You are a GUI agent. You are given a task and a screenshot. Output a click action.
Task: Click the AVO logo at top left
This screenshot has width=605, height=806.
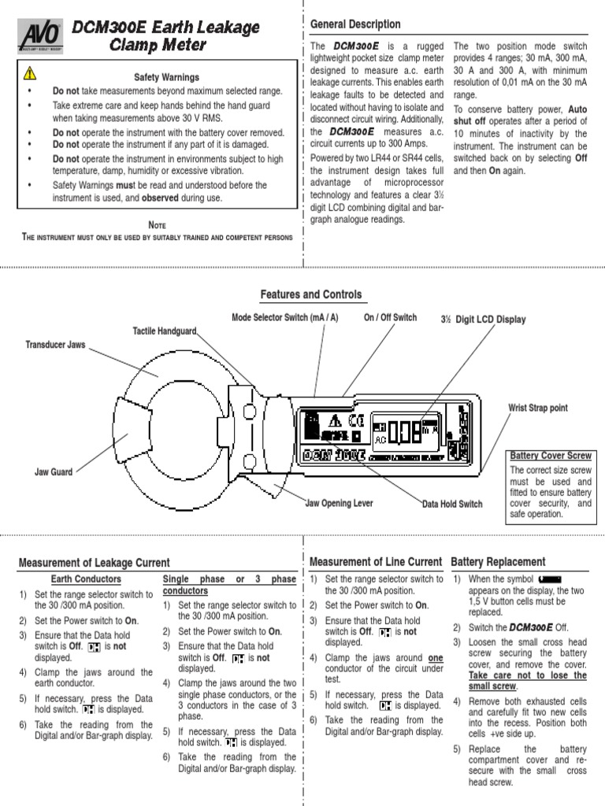click(40, 36)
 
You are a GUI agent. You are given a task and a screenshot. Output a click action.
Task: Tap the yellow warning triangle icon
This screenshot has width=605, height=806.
click(29, 73)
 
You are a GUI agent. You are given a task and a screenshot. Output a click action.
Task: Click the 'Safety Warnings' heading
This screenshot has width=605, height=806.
click(166, 77)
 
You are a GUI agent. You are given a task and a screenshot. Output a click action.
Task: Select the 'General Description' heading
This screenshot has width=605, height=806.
click(355, 25)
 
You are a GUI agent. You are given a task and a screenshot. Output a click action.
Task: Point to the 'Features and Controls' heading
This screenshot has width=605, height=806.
click(311, 294)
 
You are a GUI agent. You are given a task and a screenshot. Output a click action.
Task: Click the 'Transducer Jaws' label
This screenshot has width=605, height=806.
click(55, 345)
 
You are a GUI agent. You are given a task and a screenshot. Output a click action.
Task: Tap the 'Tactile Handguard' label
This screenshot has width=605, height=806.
click(164, 331)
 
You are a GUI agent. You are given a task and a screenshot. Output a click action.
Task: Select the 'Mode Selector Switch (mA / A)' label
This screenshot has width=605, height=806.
click(285, 317)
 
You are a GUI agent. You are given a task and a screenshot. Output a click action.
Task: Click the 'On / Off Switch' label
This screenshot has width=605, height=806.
click(390, 317)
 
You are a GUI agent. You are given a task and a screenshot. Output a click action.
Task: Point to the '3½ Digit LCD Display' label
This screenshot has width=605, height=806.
click(483, 320)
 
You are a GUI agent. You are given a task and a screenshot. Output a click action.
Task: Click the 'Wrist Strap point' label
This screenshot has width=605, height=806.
click(538, 408)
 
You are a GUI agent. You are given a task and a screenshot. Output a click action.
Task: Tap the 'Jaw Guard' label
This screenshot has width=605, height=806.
click(54, 472)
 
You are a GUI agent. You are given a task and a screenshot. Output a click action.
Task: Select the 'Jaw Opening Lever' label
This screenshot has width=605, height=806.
click(340, 503)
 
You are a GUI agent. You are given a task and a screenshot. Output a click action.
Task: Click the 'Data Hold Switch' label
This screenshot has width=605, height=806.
click(452, 504)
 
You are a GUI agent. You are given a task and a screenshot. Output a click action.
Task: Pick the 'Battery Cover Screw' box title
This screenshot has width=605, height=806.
click(550, 456)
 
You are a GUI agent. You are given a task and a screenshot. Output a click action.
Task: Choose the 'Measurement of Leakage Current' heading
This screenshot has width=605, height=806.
click(94, 562)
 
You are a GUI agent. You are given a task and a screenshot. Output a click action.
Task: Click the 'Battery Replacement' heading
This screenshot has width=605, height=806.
click(498, 561)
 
